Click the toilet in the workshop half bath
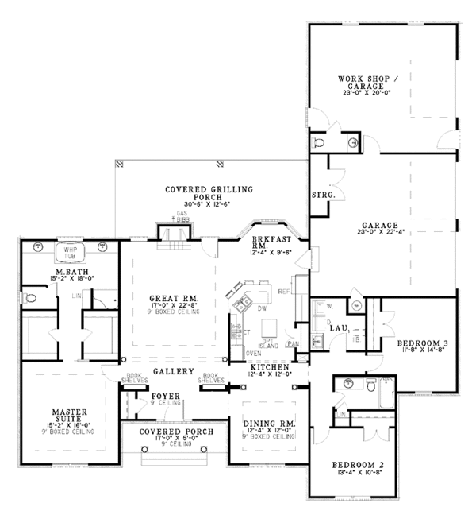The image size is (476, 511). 319,141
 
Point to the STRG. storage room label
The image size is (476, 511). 324,194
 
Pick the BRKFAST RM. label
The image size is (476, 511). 267,242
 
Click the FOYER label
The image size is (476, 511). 167,395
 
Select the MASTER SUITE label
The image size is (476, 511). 69,416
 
